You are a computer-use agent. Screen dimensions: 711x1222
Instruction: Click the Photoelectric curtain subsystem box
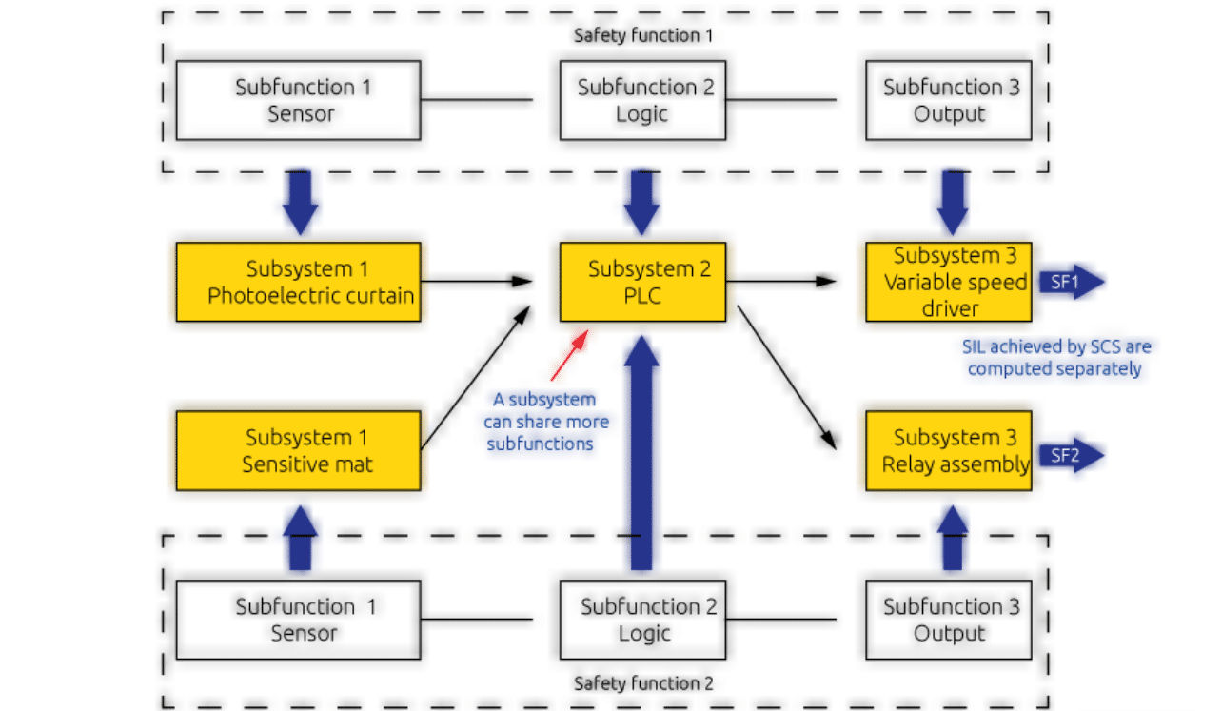tap(298, 282)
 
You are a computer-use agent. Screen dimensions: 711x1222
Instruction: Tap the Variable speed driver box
tap(949, 282)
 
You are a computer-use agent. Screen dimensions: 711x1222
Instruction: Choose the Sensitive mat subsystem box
tap(298, 450)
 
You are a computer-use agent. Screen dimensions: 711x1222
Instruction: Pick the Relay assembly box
tap(949, 450)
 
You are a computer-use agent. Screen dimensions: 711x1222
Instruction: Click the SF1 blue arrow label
tap(1069, 283)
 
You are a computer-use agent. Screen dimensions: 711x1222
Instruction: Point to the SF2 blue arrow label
tap(1069, 456)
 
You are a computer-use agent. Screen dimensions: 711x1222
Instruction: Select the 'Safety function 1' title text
tap(642, 36)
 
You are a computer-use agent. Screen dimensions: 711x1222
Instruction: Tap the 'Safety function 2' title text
tap(642, 683)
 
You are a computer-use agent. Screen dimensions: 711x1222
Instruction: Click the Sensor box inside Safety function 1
tap(298, 100)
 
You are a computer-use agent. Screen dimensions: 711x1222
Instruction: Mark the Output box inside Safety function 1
tap(949, 100)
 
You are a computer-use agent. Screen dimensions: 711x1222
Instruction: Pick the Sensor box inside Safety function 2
tap(298, 620)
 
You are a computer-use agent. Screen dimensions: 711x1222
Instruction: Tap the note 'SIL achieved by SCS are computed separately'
tap(1055, 358)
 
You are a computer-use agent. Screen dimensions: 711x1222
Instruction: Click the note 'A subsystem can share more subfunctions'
tap(546, 422)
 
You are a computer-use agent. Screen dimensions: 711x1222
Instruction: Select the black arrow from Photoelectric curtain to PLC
tap(476, 281)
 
